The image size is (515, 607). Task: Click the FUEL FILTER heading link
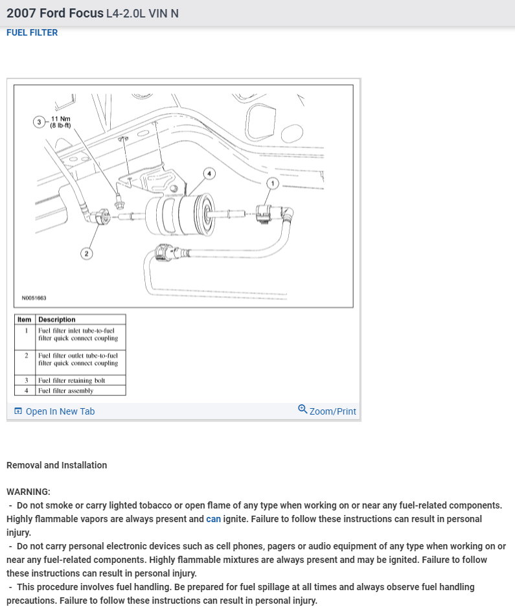pyautogui.click(x=32, y=32)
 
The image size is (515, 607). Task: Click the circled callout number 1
pyautogui.click(x=273, y=184)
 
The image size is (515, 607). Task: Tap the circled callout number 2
pyautogui.click(x=87, y=253)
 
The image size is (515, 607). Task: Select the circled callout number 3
pyautogui.click(x=40, y=122)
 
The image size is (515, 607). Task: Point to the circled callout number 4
pyautogui.click(x=209, y=173)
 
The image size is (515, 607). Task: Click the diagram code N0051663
pyautogui.click(x=34, y=299)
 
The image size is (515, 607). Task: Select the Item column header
pyautogui.click(x=24, y=319)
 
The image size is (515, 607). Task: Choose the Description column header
pyautogui.click(x=57, y=319)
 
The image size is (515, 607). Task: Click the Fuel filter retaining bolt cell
pyautogui.click(x=71, y=380)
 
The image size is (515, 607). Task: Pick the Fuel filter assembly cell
pyautogui.click(x=65, y=391)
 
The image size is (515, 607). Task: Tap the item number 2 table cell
pyautogui.click(x=26, y=356)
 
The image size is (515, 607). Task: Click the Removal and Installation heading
pyautogui.click(x=56, y=465)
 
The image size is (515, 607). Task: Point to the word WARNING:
pyautogui.click(x=28, y=492)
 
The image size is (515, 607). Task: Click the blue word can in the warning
pyautogui.click(x=213, y=519)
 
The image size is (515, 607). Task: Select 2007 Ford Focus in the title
pyautogui.click(x=54, y=13)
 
